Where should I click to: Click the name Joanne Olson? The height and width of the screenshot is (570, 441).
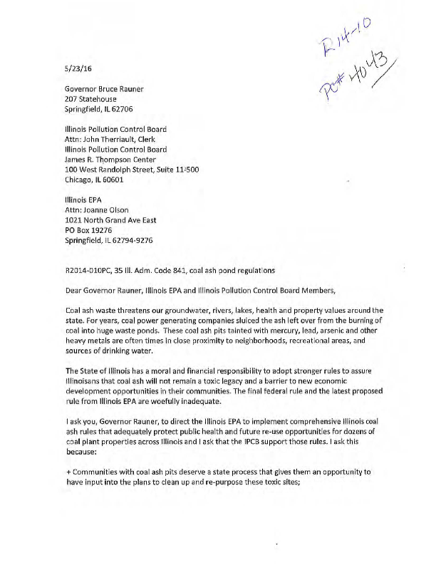[108, 210]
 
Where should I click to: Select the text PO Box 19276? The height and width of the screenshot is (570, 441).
[89, 230]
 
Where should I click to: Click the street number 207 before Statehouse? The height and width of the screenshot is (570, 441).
[72, 100]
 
